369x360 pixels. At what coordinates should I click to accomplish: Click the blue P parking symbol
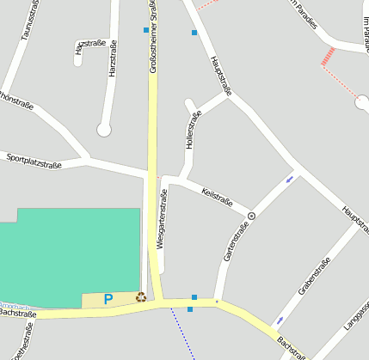click(x=108, y=300)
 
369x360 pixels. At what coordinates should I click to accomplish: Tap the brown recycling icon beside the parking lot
click(x=141, y=297)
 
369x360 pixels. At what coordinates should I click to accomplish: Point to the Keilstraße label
click(x=217, y=196)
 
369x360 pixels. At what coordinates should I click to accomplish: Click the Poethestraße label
click(x=20, y=345)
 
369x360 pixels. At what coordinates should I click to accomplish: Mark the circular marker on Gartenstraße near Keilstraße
click(x=251, y=216)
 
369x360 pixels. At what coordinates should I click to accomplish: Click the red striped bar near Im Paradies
click(x=328, y=57)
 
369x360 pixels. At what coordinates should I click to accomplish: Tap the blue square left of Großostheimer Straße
click(x=145, y=30)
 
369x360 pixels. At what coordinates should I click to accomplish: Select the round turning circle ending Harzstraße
click(x=104, y=131)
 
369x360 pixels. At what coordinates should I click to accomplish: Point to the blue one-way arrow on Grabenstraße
click(x=278, y=321)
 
